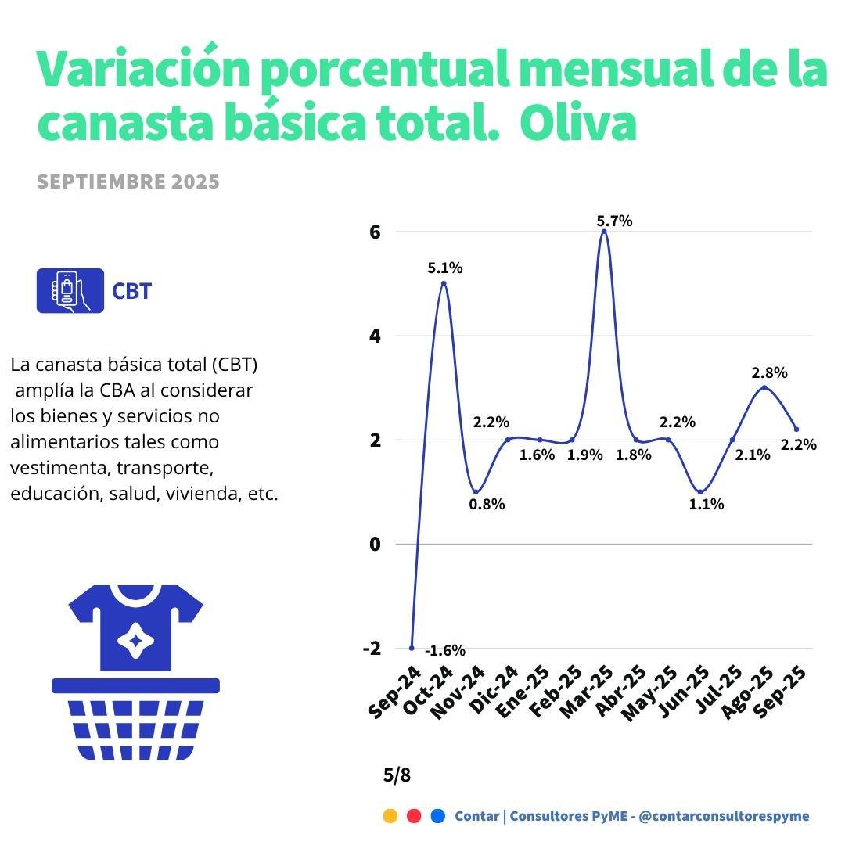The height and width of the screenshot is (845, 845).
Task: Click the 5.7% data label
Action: pyautogui.click(x=614, y=221)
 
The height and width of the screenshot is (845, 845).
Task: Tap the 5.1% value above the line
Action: pyautogui.click(x=444, y=268)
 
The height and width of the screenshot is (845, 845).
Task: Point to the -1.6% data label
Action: pyautogui.click(x=445, y=650)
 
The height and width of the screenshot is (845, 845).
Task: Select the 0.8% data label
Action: pyautogui.click(x=487, y=505)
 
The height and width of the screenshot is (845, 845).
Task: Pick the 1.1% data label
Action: pyautogui.click(x=707, y=505)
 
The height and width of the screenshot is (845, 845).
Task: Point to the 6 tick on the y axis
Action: pyautogui.click(x=376, y=232)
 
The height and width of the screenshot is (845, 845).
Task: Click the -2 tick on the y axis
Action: pyautogui.click(x=372, y=648)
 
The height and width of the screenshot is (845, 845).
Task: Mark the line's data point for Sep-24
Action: pyautogui.click(x=412, y=648)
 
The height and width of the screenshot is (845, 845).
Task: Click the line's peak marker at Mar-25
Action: pyautogui.click(x=603, y=232)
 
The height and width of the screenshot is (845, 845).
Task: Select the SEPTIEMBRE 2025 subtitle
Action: pyautogui.click(x=128, y=182)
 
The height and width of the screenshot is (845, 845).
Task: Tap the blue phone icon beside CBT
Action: pyautogui.click(x=70, y=291)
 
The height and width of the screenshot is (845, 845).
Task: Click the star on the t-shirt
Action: pyautogui.click(x=135, y=640)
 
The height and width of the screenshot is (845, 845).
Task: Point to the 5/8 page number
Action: pyautogui.click(x=397, y=775)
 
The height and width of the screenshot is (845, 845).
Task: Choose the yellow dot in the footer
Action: pyautogui.click(x=390, y=816)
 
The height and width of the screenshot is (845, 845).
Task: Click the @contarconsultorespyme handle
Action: pyautogui.click(x=724, y=816)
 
